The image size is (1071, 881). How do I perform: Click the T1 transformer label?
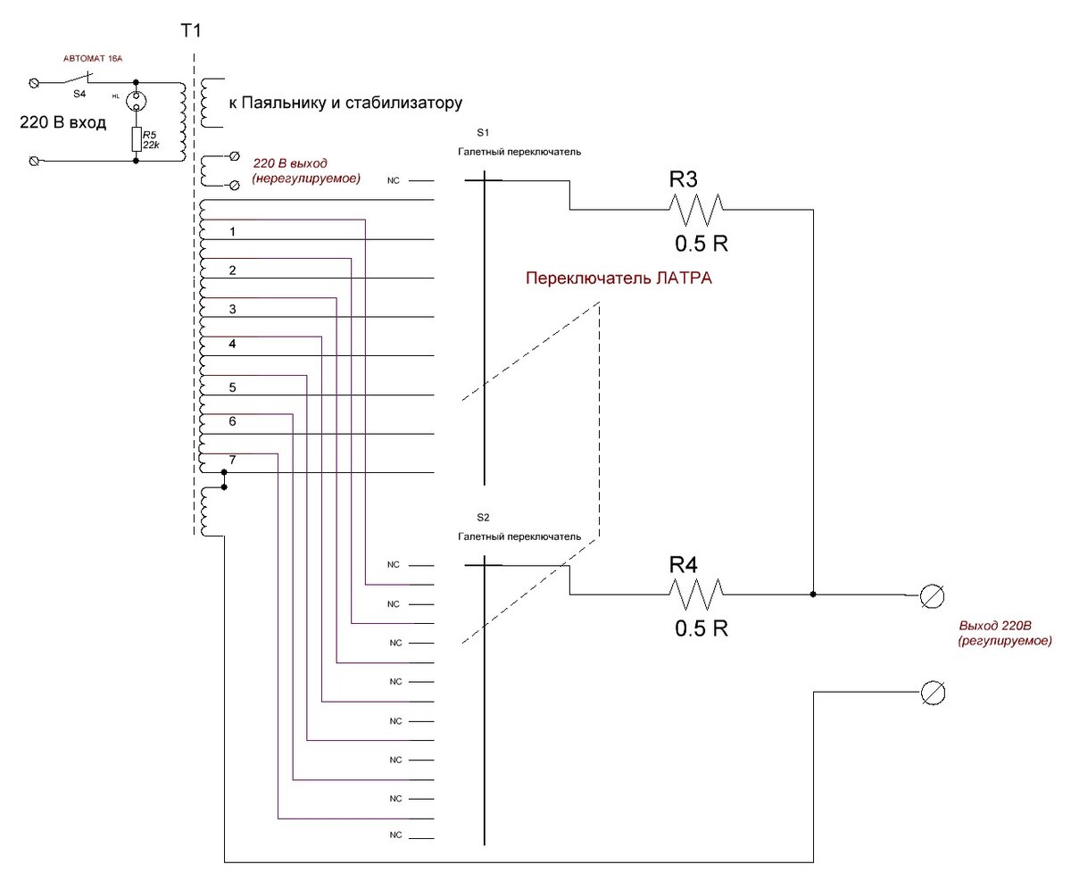(x=191, y=31)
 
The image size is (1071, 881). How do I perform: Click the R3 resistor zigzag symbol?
(x=696, y=209)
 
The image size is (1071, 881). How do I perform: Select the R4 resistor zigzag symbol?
(x=696, y=594)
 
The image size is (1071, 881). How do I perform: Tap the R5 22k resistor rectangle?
(x=136, y=139)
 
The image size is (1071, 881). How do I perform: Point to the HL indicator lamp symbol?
(x=136, y=101)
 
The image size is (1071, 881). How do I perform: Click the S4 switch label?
(x=79, y=94)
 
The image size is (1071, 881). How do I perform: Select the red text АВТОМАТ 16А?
(x=93, y=58)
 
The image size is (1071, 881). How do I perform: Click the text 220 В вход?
(x=63, y=122)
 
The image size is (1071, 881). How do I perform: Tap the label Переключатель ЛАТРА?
(x=618, y=278)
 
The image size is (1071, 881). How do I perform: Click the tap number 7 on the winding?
(x=232, y=460)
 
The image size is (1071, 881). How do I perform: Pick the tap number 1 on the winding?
(x=232, y=232)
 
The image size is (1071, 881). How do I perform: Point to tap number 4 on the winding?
(x=232, y=345)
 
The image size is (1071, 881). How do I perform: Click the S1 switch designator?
(x=483, y=132)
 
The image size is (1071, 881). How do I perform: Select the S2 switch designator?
(x=483, y=518)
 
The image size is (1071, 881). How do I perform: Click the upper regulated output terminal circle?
(x=932, y=596)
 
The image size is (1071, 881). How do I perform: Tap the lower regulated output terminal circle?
(x=933, y=694)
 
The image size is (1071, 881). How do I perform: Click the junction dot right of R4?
(x=813, y=594)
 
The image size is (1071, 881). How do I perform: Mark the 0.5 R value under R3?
(x=702, y=244)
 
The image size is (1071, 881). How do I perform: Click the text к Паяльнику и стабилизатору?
(x=345, y=103)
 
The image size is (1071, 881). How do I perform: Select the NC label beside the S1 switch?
(x=393, y=181)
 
